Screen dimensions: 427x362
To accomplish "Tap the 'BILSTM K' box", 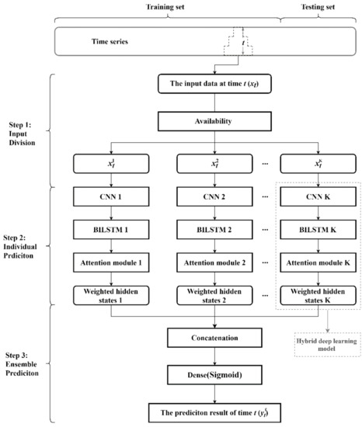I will coord(315,230).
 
